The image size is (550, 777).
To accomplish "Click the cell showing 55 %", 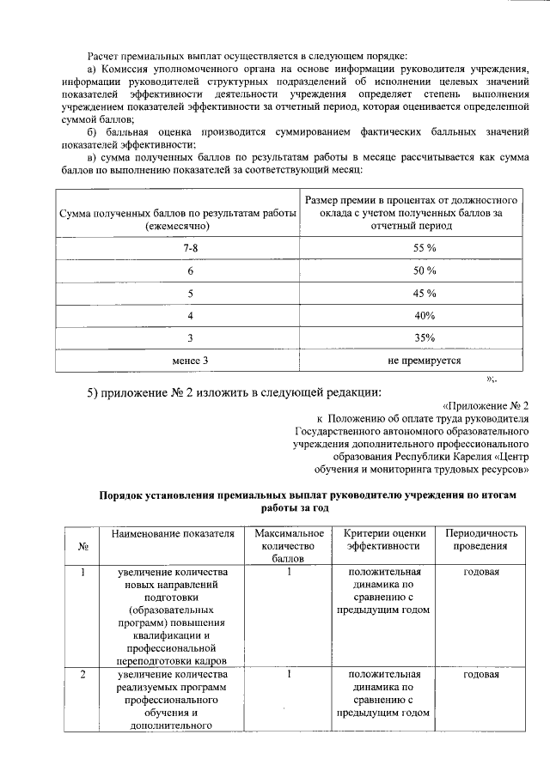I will click(424, 247).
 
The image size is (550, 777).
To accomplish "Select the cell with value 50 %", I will click(424, 270).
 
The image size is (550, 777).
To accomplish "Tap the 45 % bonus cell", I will click(424, 293).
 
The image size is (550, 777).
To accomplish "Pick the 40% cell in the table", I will click(424, 315).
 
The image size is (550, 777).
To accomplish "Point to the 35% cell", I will click(424, 337).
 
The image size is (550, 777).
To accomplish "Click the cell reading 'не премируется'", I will click(424, 361).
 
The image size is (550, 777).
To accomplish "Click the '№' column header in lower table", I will click(84, 546).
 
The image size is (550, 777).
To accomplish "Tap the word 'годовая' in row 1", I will click(481, 572).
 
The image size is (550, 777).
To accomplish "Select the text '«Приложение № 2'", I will click(486, 404).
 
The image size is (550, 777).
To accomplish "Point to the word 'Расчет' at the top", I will click(108, 32).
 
